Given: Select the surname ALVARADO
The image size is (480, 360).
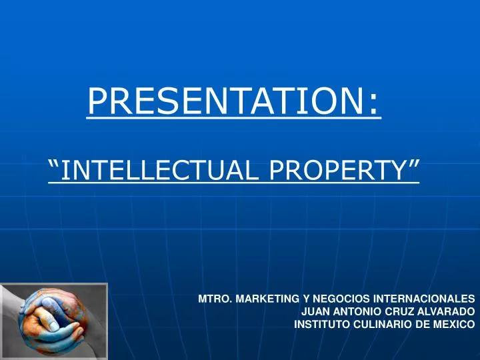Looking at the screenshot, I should click(x=447, y=311).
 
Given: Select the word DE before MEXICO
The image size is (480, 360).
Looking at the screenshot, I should click(x=427, y=325).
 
